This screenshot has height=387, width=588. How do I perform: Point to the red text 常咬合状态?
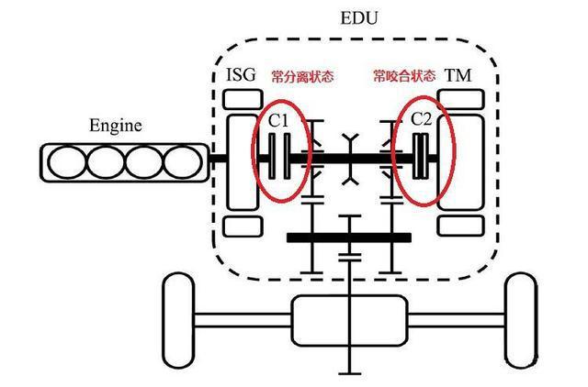[x=401, y=75]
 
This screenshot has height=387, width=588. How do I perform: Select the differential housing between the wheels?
[x=348, y=316]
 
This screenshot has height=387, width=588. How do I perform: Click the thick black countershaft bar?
[x=348, y=238]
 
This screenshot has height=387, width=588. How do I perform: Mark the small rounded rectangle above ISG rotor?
[x=238, y=98]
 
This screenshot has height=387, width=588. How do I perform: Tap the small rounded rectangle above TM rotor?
[x=457, y=98]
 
